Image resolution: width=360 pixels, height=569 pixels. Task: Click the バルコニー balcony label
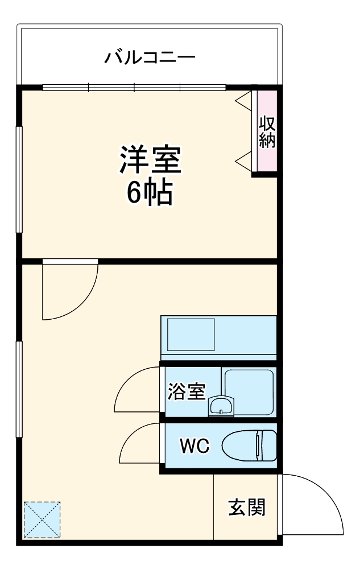(150, 57)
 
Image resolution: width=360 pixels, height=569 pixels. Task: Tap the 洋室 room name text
(150, 160)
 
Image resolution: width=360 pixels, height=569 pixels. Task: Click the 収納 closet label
(267, 132)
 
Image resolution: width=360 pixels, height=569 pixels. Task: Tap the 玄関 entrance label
(247, 506)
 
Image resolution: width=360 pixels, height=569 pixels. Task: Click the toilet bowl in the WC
(249, 445)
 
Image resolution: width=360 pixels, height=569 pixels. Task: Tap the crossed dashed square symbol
(42, 519)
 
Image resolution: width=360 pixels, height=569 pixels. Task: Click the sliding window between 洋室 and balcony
(134, 88)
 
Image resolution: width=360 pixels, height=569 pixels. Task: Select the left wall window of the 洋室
(19, 179)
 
